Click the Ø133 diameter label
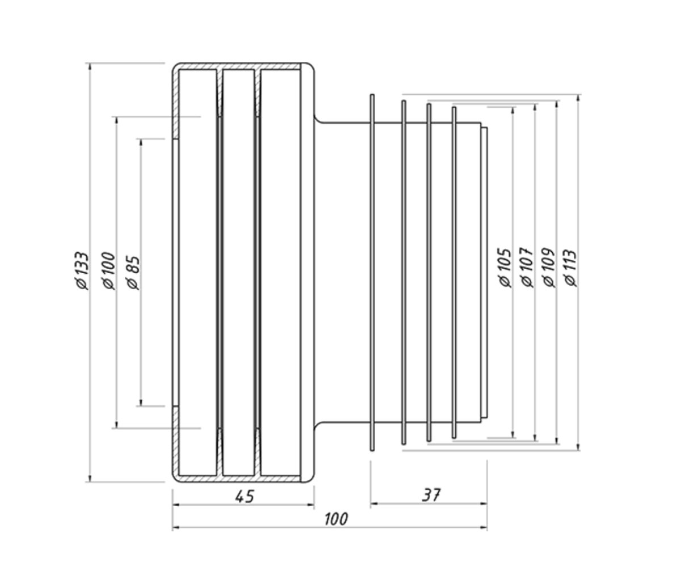81,270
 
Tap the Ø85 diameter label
133,273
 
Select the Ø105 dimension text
505,268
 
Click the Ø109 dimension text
548,268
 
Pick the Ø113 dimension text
571,268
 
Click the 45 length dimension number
244,496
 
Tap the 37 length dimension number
431,495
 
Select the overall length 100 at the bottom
337,519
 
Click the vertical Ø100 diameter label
108,270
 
